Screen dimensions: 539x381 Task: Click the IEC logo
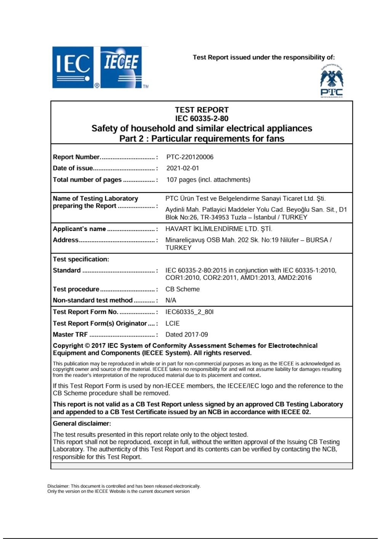pyautogui.click(x=73, y=67)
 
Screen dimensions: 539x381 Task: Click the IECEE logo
pyautogui.click(x=121, y=67)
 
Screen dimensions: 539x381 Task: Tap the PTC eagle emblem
pyautogui.click(x=331, y=78)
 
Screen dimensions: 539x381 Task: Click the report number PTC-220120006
pyautogui.click(x=190, y=157)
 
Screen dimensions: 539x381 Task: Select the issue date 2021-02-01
pyautogui.click(x=182, y=168)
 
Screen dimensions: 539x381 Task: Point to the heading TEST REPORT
pyautogui.click(x=202, y=110)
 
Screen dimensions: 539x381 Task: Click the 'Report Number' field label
pyautogui.click(x=76, y=157)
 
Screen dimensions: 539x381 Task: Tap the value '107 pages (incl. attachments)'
pyautogui.click(x=208, y=180)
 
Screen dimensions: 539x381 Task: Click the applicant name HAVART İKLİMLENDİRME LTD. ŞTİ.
pyautogui.click(x=219, y=229)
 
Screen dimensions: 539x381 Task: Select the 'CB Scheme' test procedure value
pyautogui.click(x=182, y=289)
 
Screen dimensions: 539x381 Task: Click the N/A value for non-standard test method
pyautogui.click(x=171, y=300)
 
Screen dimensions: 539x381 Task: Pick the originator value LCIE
pyautogui.click(x=172, y=323)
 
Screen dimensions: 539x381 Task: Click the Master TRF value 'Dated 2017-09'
pyautogui.click(x=187, y=334)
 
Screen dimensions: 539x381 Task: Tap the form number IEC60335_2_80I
pyautogui.click(x=189, y=312)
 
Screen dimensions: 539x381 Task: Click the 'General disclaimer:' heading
pyautogui.click(x=82, y=423)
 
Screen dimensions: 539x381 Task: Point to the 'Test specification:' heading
pyautogui.click(x=81, y=259)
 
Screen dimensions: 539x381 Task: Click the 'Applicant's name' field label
pyautogui.click(x=79, y=229)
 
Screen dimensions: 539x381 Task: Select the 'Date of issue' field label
pyautogui.click(x=73, y=168)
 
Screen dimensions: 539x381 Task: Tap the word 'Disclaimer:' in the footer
pyautogui.click(x=58, y=486)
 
